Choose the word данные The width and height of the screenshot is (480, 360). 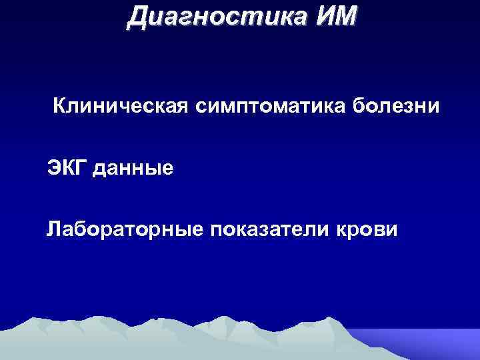[134, 169]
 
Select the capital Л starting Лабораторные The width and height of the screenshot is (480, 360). [53, 231]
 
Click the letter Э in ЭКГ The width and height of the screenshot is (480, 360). [54, 168]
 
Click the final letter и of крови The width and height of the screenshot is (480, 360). [393, 231]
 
